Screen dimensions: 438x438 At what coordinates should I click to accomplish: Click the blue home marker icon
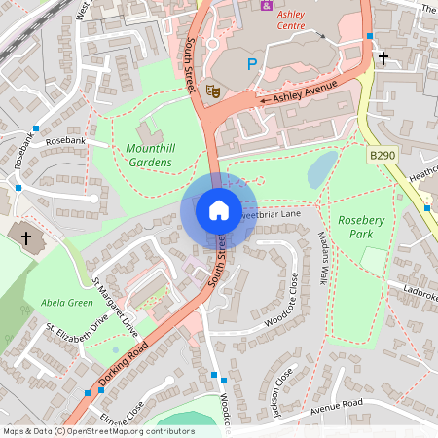(219, 209)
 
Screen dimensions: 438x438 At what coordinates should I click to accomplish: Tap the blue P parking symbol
(252, 65)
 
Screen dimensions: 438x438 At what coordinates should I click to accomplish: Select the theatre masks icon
(213, 90)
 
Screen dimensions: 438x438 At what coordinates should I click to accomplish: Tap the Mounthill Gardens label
(149, 155)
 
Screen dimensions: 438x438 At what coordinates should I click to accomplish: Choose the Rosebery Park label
(361, 228)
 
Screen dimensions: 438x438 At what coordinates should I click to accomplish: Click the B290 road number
(382, 155)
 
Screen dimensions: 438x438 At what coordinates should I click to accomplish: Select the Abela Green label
(66, 303)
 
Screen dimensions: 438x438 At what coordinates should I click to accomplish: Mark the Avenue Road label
(337, 403)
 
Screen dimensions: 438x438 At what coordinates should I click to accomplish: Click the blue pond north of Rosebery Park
(321, 171)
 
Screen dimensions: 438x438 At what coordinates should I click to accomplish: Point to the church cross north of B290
(383, 59)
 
